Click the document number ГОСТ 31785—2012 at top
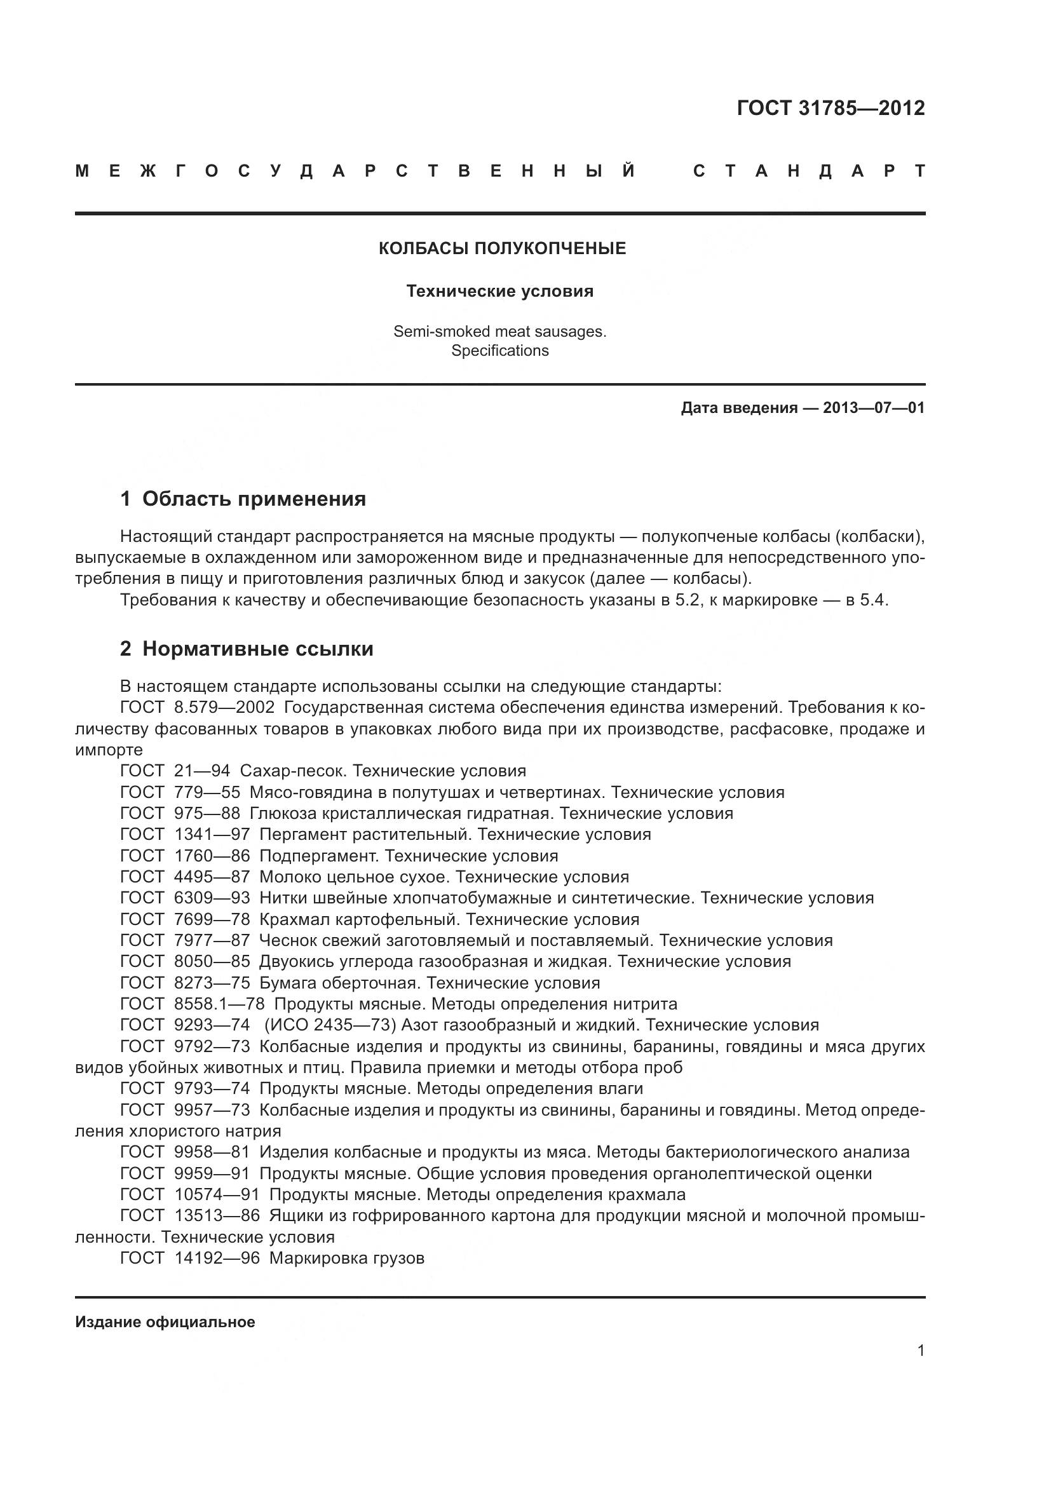pyautogui.click(x=831, y=108)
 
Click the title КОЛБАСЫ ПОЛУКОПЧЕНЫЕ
pyautogui.click(x=501, y=248)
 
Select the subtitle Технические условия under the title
pyautogui.click(x=499, y=291)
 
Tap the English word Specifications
pyautogui.click(x=499, y=351)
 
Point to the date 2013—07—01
pyautogui.click(x=874, y=408)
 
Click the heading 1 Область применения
pyautogui.click(x=243, y=499)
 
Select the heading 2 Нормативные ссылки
pyautogui.click(x=247, y=649)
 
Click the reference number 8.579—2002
pyautogui.click(x=224, y=707)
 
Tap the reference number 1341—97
pyautogui.click(x=212, y=834)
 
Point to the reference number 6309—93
pyautogui.click(x=212, y=898)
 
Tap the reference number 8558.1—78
pyautogui.click(x=219, y=1004)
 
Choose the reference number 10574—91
pyautogui.click(x=217, y=1195)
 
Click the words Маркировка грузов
pyautogui.click(x=347, y=1258)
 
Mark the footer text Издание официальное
pyautogui.click(x=165, y=1322)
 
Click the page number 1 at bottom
pyautogui.click(x=920, y=1350)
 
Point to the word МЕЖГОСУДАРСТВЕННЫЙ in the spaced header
pyautogui.click(x=355, y=172)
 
